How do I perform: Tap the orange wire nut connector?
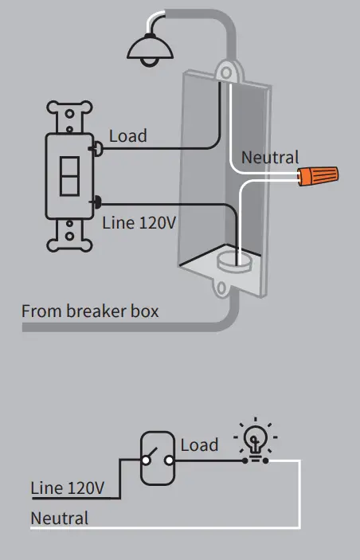317,174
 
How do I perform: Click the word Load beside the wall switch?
128,136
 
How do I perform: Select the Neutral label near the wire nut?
270,158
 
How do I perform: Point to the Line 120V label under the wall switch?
139,222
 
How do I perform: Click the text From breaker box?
89,310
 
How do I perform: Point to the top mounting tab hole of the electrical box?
226,73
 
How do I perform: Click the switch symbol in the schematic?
156,459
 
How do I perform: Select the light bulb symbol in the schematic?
256,440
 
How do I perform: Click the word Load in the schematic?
199,444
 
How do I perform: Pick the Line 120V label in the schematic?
67,487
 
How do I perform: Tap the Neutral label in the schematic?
59,518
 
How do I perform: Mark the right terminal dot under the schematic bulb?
266,460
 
